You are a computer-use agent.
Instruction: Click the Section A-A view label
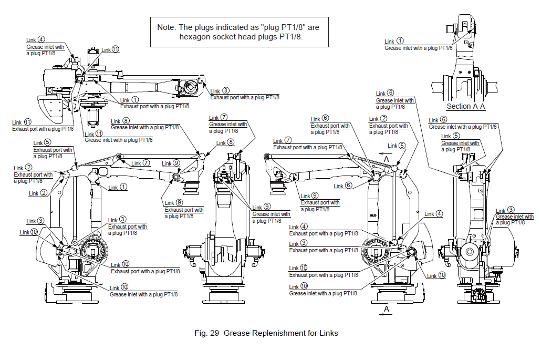(x=465, y=106)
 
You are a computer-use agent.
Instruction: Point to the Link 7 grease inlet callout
(x=228, y=125)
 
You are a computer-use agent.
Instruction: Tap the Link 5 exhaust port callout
(x=53, y=150)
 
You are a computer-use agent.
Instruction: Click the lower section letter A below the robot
(x=387, y=309)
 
